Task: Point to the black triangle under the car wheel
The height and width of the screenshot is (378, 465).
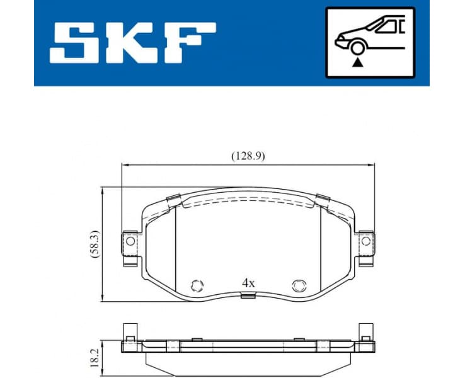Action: pyautogui.click(x=358, y=62)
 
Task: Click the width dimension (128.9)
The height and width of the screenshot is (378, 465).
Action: pyautogui.click(x=246, y=156)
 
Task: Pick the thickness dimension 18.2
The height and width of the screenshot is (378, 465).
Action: pyautogui.click(x=94, y=357)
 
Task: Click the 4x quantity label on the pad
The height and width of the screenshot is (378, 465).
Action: pyautogui.click(x=248, y=283)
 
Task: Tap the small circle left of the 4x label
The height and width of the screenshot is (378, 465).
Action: pyautogui.click(x=197, y=285)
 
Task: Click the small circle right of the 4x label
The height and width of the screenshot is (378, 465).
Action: pyautogui.click(x=298, y=285)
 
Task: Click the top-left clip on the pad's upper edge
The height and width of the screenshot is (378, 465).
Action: pyautogui.click(x=174, y=201)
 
